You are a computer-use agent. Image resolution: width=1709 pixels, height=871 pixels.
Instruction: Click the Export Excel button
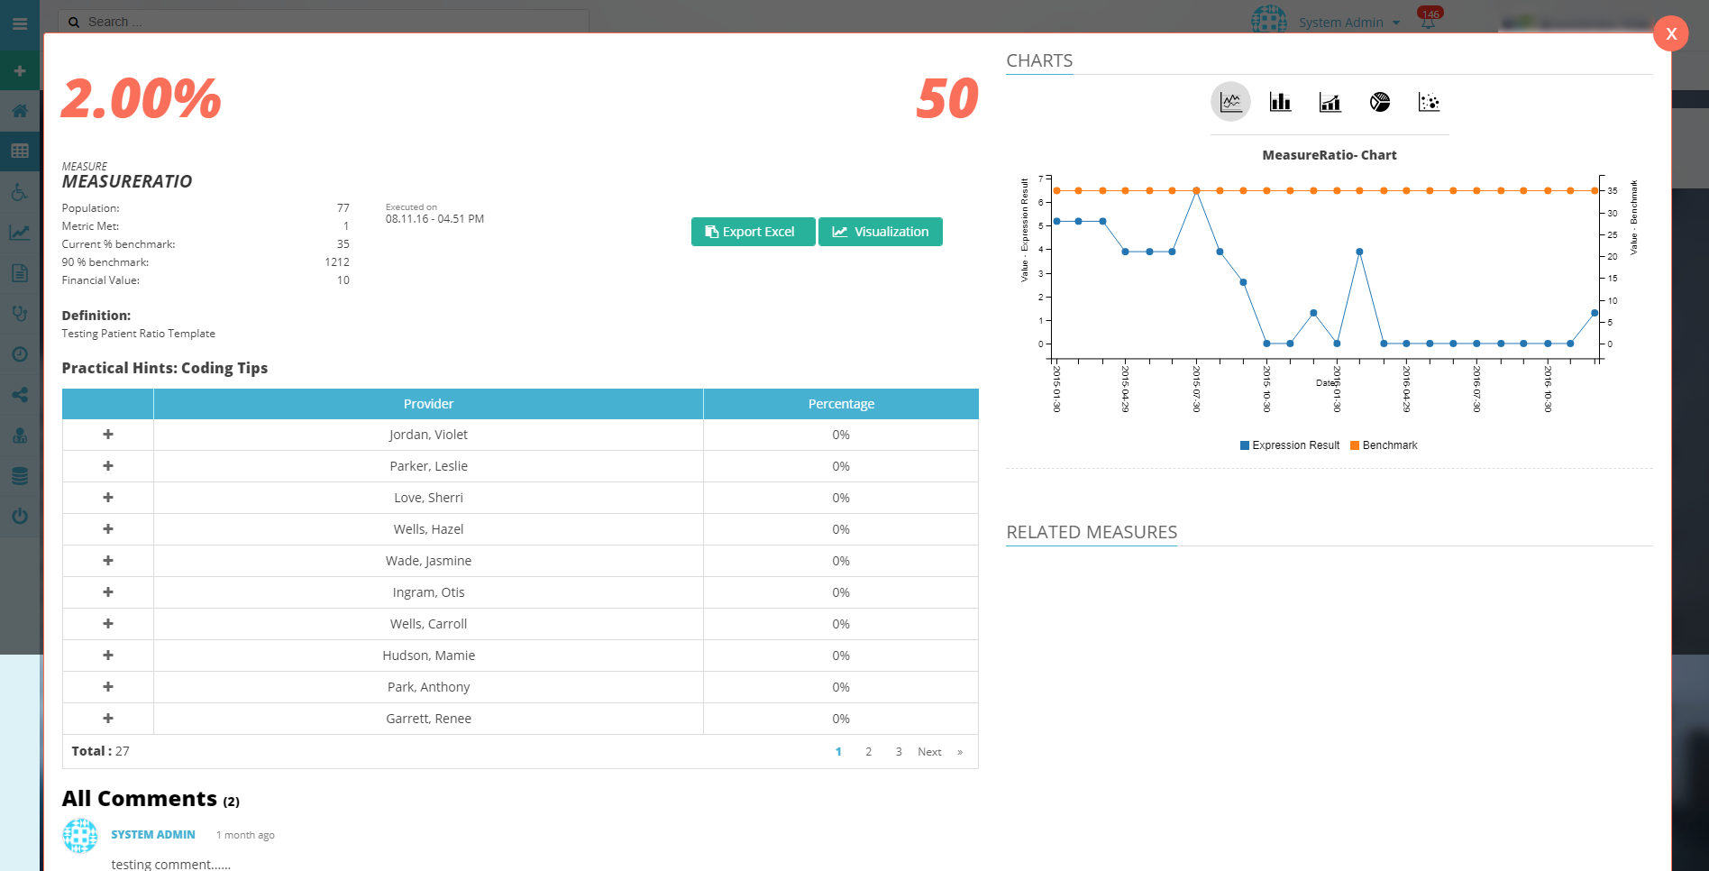753,232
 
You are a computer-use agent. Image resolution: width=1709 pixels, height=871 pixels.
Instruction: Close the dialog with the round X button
1670,34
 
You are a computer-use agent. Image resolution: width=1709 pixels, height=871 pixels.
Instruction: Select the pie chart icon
1379,103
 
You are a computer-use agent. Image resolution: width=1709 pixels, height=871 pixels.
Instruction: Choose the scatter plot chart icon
1429,103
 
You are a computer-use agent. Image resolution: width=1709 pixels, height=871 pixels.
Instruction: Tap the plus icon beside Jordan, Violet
108,435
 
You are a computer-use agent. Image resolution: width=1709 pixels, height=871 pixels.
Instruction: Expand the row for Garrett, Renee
108,719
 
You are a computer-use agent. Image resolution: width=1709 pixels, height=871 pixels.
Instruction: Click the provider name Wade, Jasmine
428,561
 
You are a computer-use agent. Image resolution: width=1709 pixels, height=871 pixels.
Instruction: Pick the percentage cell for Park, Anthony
840,687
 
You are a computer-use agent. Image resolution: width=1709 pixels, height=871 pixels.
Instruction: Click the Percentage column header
840,404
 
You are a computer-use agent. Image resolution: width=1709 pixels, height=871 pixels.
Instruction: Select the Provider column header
428,404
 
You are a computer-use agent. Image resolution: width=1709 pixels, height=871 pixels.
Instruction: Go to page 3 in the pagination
898,752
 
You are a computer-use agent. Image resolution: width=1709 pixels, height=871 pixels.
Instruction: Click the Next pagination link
929,752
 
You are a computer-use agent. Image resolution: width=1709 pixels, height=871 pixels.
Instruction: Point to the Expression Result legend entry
1290,445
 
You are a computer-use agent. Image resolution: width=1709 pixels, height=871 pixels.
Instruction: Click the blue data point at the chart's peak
1196,191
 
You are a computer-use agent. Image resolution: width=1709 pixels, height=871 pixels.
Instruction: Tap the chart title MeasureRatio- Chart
1329,155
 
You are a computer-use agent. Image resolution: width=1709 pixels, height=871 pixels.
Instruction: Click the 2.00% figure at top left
142,98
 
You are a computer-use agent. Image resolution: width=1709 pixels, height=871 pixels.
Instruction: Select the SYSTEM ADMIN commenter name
153,835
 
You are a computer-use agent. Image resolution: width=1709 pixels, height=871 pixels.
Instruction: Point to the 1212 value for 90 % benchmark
336,262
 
